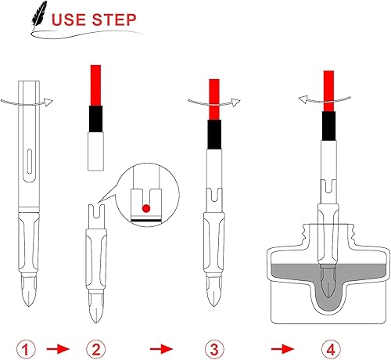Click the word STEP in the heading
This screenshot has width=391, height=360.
click(117, 18)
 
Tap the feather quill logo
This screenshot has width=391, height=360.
click(38, 16)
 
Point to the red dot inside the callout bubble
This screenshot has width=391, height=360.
click(145, 208)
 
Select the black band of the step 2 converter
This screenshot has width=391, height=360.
click(98, 121)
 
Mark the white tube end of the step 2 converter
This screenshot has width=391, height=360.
click(98, 153)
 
